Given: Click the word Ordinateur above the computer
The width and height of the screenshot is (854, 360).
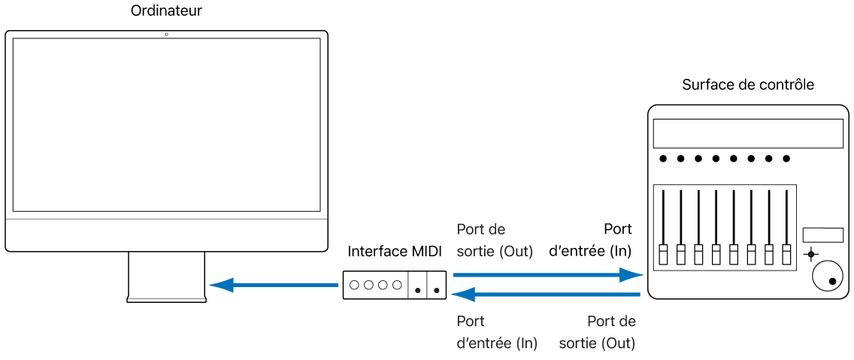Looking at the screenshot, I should [x=166, y=11].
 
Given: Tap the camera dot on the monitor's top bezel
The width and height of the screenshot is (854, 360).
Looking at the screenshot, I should [x=166, y=35].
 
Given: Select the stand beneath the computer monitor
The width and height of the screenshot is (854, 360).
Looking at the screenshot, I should [x=166, y=277].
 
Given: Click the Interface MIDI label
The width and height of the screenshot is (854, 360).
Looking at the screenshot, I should [x=395, y=250].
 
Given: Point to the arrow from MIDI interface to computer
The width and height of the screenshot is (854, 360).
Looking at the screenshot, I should [x=274, y=285].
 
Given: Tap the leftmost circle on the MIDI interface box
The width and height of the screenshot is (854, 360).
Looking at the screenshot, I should [x=356, y=286].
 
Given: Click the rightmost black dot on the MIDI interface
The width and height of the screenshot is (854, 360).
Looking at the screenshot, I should [x=437, y=289].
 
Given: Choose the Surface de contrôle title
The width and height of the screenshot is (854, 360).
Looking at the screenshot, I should [x=748, y=84].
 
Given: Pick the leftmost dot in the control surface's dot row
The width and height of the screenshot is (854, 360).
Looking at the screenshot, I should [x=663, y=159].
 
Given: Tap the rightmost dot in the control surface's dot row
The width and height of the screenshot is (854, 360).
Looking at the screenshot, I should [x=786, y=159].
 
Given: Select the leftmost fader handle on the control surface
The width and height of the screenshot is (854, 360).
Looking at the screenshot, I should [x=664, y=254].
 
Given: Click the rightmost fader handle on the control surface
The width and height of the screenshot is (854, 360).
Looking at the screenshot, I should [x=787, y=254].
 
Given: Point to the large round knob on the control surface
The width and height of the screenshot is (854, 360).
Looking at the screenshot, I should [x=827, y=277].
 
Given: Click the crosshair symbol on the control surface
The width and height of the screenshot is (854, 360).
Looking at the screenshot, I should [x=810, y=254].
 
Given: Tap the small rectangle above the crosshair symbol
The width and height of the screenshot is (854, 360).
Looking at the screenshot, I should [x=822, y=234].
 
